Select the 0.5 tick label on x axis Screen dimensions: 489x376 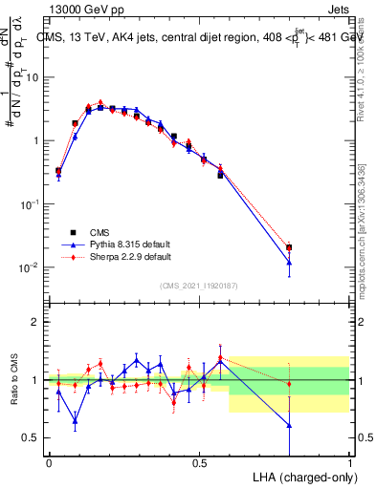(x=199, y=462)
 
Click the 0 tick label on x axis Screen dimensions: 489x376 (x=49, y=462)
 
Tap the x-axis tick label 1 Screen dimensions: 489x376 (x=349, y=462)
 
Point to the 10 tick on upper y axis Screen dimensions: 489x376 (x=33, y=77)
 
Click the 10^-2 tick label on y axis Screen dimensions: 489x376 (x=31, y=267)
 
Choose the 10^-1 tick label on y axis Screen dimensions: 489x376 (x=31, y=204)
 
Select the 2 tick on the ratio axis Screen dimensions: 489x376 (x=36, y=322)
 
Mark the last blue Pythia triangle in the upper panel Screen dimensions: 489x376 (x=289, y=262)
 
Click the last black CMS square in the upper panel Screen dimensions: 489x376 (x=289, y=247)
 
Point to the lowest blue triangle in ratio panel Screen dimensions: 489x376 (x=289, y=425)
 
